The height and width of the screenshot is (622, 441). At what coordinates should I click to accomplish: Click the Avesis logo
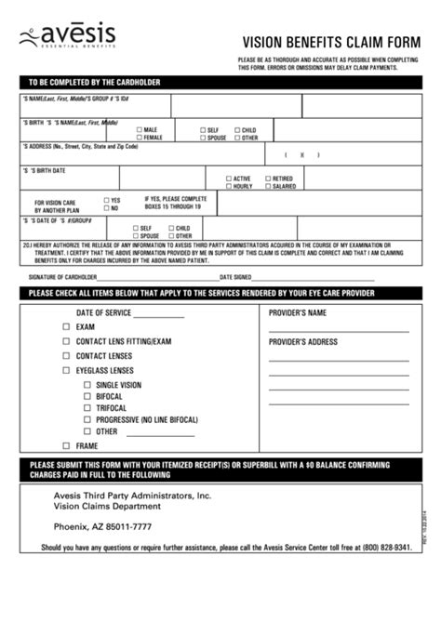point(66,38)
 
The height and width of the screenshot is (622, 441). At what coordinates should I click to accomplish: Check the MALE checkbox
point(140,129)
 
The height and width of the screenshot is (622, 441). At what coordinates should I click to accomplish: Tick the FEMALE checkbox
point(140,138)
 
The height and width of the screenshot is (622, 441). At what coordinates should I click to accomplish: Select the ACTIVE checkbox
point(229,178)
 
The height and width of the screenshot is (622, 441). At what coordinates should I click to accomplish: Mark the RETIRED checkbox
point(267,178)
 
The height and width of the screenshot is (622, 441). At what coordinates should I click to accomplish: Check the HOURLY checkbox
point(229,186)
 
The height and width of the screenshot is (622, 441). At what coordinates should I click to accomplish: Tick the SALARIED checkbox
point(267,186)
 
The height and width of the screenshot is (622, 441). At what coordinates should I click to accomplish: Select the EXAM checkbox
point(65,327)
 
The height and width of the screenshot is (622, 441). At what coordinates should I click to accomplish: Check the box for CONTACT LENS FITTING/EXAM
point(65,341)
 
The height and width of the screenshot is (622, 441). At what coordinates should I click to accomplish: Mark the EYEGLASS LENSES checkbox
point(65,370)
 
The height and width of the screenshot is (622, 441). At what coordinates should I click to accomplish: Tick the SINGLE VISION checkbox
point(87,385)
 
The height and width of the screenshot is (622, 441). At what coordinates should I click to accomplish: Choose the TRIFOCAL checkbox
point(87,407)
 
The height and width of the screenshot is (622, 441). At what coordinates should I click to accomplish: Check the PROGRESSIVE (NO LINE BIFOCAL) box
point(87,419)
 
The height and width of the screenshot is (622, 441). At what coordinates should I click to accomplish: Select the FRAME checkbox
point(65,446)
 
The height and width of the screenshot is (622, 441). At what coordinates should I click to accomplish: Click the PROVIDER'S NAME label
point(298,313)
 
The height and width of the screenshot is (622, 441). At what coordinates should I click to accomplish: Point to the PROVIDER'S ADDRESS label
point(302,342)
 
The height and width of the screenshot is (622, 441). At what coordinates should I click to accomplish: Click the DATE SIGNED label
point(235,277)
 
